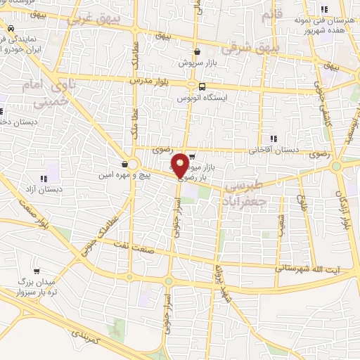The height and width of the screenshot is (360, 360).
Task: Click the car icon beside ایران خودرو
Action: (x=11, y=29)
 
